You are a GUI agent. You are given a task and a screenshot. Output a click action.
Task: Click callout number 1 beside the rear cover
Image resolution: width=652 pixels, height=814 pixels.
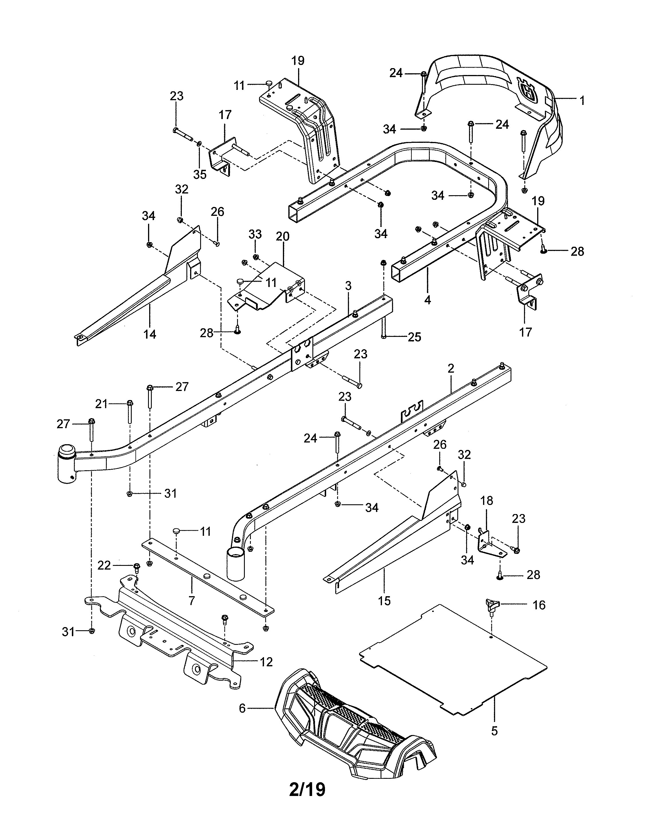582,100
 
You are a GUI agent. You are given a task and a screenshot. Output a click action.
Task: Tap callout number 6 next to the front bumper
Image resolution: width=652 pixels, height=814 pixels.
242,708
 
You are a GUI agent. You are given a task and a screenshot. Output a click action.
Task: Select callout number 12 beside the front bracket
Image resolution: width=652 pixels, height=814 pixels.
266,662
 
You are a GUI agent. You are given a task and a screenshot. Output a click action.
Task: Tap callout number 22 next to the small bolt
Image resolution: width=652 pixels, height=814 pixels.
104,565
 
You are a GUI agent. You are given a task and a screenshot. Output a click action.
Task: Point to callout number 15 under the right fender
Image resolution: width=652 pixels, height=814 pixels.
384,601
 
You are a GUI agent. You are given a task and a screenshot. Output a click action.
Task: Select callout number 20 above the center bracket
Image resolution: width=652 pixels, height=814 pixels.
283,237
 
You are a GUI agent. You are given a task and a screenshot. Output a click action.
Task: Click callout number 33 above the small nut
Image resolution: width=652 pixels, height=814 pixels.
255,234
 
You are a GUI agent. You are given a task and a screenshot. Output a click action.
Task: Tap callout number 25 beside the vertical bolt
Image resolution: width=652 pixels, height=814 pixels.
414,337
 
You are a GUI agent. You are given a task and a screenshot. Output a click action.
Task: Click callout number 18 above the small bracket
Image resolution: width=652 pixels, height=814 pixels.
486,501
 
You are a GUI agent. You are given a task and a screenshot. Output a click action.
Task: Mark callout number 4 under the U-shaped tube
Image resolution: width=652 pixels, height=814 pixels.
427,300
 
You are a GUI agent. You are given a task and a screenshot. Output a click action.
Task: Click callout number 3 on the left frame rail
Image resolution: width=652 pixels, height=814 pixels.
348,286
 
